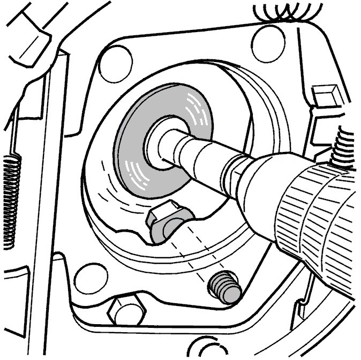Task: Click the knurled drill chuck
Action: pos(316,214)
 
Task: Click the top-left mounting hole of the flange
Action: pos(119,58)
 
